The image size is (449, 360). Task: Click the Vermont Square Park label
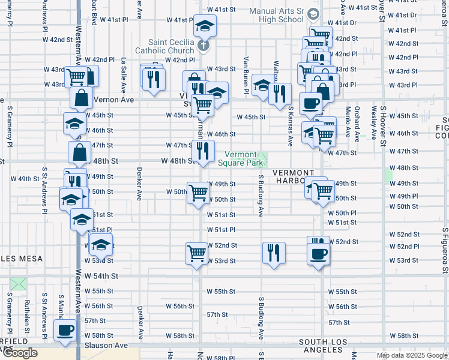tap(241, 158)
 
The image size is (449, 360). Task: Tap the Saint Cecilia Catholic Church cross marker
tap(203, 45)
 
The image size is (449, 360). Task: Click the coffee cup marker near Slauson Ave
tap(65, 329)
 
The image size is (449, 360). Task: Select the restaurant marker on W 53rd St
tap(274, 253)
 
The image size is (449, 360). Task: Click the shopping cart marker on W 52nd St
tap(196, 253)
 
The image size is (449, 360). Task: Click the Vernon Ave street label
tap(113, 100)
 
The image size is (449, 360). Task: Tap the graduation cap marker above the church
tap(205, 26)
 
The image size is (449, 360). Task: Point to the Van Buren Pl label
tap(246, 75)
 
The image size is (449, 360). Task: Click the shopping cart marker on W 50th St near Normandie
tap(199, 193)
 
